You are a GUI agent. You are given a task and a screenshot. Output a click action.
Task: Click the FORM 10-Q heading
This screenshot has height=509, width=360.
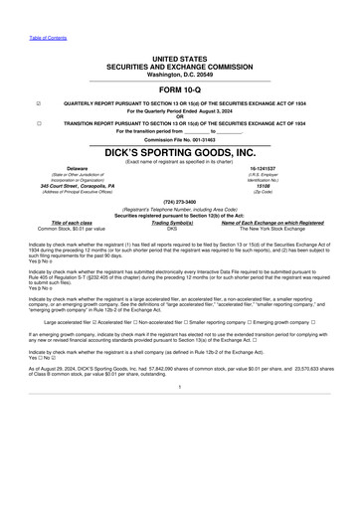179,89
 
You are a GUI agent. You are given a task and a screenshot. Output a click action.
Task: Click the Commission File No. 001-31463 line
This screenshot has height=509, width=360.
179,140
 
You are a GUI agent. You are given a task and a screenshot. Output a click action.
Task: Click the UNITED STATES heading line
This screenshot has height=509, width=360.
179,60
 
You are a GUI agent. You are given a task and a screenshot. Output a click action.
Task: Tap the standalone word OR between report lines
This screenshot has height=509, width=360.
179,116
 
